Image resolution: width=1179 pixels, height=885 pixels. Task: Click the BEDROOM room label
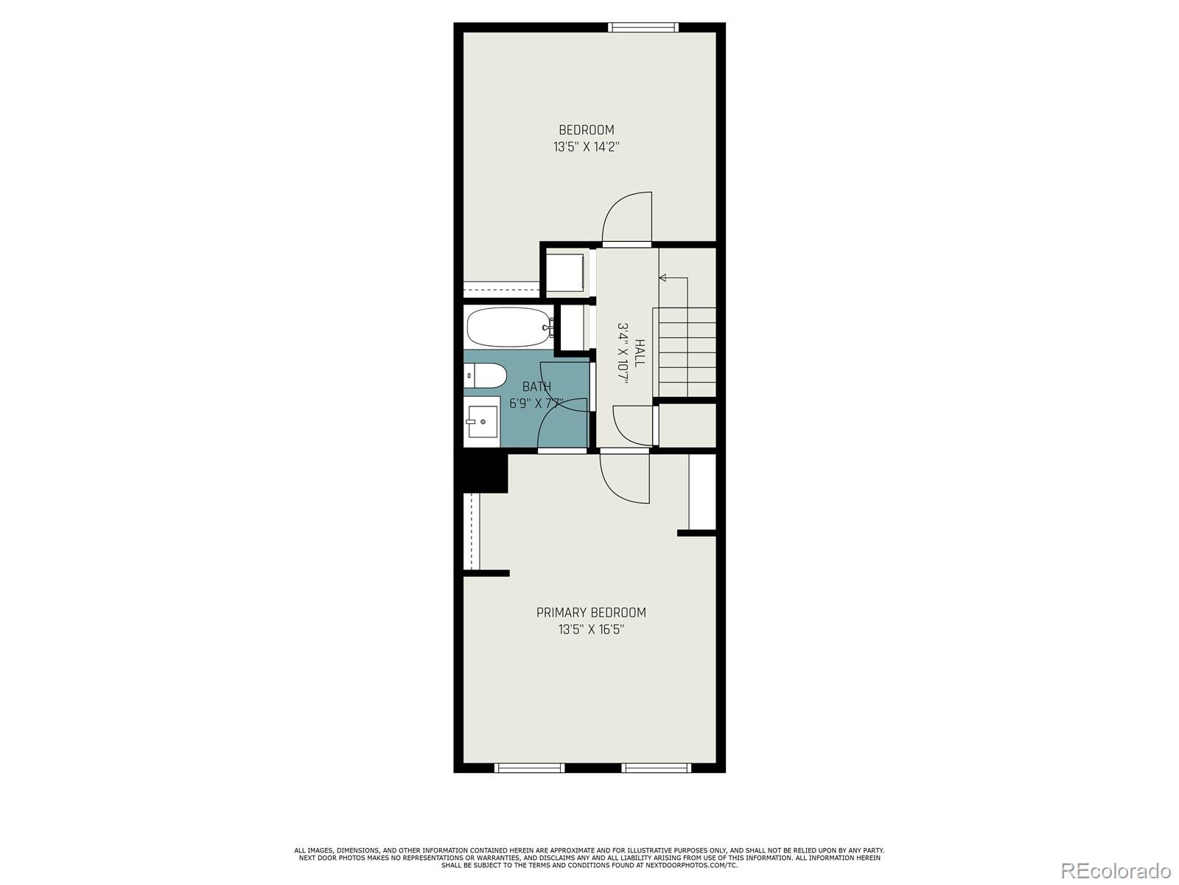(x=586, y=130)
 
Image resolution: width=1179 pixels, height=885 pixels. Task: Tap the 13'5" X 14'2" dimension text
(x=586, y=147)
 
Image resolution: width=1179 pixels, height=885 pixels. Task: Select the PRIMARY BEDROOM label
(x=591, y=613)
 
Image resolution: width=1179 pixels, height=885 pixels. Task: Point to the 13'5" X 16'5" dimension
(x=591, y=629)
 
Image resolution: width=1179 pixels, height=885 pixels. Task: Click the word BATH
(x=536, y=386)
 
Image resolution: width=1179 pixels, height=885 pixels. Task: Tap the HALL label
(x=640, y=353)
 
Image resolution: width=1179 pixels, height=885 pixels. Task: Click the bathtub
(x=508, y=327)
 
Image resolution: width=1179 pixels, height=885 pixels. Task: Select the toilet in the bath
(x=485, y=375)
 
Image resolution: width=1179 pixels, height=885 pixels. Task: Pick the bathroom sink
(x=482, y=422)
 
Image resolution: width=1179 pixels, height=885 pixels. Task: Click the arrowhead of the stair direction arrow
(x=662, y=278)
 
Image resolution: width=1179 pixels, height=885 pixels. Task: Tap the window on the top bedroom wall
(x=643, y=27)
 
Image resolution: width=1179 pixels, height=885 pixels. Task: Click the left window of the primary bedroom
(x=529, y=768)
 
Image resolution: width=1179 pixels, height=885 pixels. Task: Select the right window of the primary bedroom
(x=657, y=768)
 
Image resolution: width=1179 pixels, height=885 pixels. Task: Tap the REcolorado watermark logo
(x=1116, y=870)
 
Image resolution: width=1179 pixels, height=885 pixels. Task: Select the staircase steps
(x=685, y=352)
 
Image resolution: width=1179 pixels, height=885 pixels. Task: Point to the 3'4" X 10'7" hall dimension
(x=623, y=353)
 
